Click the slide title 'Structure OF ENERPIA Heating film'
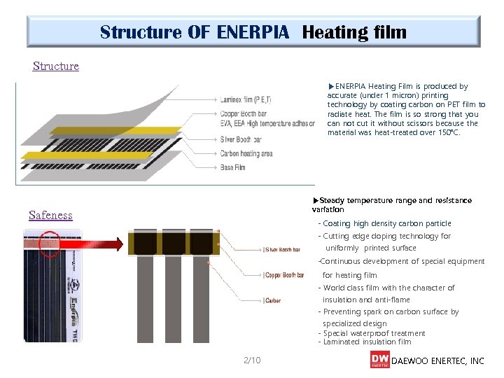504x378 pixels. [x=253, y=32]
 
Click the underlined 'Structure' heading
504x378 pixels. [x=56, y=66]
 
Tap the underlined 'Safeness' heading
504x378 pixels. [x=50, y=215]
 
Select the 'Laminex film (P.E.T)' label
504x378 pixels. [x=245, y=99]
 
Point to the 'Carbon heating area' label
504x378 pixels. [x=246, y=154]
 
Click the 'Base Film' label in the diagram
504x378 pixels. [x=232, y=167]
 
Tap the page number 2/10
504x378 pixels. [x=252, y=360]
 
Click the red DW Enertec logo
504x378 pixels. [x=379, y=359]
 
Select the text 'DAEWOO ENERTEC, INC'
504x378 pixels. [x=437, y=361]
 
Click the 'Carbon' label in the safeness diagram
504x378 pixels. [x=272, y=301]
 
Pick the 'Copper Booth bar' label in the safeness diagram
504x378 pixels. [x=283, y=275]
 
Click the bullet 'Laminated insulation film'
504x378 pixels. [x=367, y=342]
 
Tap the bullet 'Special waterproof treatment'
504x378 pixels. [x=374, y=333]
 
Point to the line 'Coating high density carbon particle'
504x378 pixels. [x=387, y=223]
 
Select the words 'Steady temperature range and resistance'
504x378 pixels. [x=395, y=200]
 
